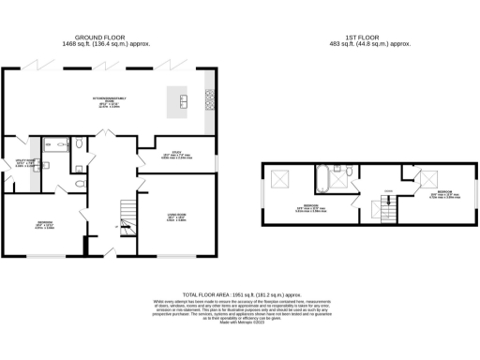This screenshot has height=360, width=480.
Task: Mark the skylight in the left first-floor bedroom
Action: (279, 179)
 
